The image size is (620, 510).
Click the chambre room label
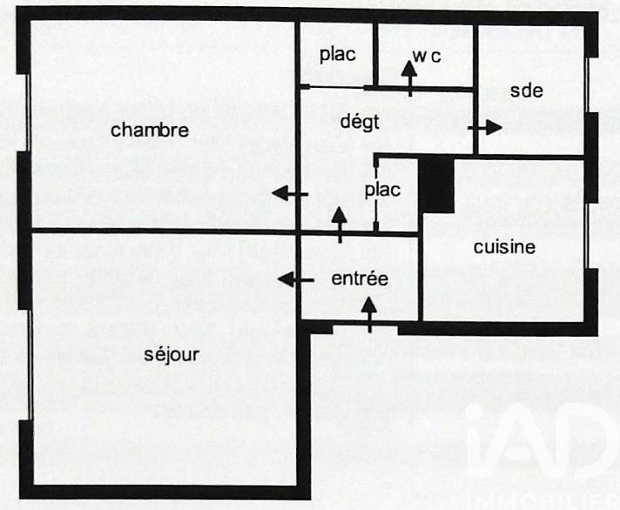150,130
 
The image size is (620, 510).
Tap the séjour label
172,354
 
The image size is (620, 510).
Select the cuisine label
504,247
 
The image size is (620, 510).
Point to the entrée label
360,278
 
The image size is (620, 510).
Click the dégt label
360,122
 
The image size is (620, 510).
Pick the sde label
526,91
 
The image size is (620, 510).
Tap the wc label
427,57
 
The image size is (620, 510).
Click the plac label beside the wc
338,55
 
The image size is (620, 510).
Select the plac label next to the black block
382,190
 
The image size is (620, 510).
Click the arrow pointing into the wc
409,78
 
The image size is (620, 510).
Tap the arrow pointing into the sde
485,127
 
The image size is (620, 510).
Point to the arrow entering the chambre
290,194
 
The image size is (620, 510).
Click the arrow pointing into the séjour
296,280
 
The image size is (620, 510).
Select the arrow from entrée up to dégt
340,225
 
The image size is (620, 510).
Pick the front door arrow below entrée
369,314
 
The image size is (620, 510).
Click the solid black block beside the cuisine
436,185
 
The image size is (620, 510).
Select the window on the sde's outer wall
588,85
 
